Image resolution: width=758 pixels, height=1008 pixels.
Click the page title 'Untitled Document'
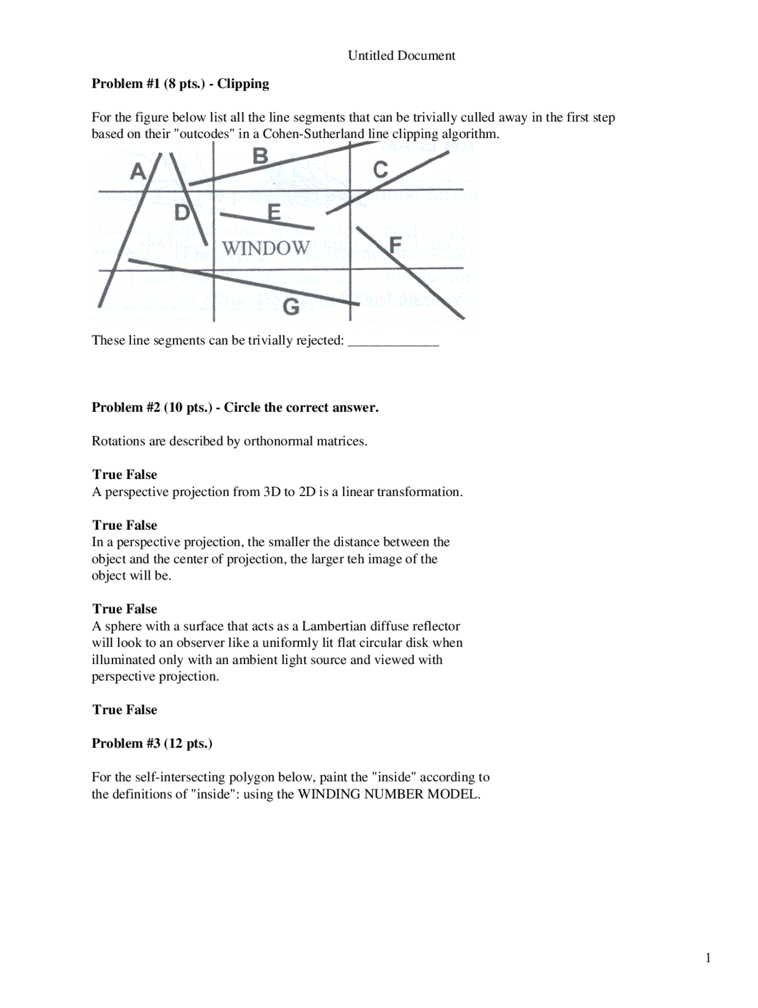[x=401, y=56]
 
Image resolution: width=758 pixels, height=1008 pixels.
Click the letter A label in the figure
[x=137, y=172]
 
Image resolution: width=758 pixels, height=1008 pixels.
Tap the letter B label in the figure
[x=260, y=156]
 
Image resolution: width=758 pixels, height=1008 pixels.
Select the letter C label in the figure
[x=380, y=170]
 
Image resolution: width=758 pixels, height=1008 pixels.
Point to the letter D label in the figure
[x=182, y=212]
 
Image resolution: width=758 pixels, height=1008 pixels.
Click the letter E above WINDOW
[x=274, y=212]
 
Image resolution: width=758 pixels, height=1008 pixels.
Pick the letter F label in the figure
[x=395, y=244]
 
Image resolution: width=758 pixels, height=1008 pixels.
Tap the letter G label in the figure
[x=291, y=307]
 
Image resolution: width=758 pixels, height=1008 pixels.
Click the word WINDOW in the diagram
[x=266, y=248]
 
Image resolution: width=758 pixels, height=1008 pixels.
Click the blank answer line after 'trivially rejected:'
[x=393, y=342]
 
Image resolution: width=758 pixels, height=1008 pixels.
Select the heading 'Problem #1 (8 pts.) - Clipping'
[x=180, y=83]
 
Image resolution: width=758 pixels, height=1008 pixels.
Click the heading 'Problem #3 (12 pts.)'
[x=152, y=743]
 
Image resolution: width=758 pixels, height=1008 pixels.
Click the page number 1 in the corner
[x=708, y=958]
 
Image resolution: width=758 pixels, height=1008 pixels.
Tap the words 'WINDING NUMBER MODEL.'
[x=388, y=794]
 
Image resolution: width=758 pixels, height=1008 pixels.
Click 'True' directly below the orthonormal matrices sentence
[x=107, y=475]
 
